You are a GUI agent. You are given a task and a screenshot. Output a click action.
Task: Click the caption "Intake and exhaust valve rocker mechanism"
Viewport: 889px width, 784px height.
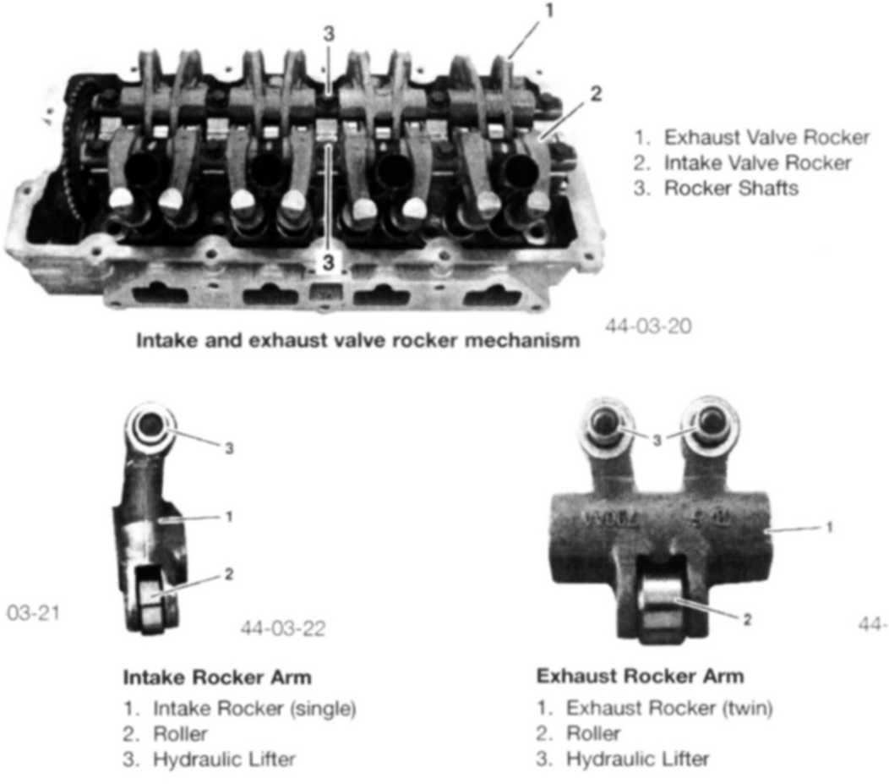coord(357,340)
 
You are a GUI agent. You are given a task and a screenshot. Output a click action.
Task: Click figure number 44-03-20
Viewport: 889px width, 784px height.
coord(648,326)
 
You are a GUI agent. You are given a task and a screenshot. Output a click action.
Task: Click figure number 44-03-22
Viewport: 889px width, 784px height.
coord(283,628)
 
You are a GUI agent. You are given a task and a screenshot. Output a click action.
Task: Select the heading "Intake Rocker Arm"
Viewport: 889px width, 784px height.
coord(217,677)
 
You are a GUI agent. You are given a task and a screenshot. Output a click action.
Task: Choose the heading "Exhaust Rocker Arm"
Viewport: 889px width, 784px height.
coord(640,677)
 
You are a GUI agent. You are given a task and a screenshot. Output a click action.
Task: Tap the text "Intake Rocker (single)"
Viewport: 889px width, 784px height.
coord(254,709)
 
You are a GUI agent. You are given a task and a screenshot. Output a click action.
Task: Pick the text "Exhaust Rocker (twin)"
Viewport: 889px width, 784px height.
coord(669,708)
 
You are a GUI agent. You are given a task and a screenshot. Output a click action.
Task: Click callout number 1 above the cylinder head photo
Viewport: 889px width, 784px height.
coord(548,11)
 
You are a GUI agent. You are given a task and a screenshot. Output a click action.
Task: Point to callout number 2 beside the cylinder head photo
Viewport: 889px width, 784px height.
coord(595,94)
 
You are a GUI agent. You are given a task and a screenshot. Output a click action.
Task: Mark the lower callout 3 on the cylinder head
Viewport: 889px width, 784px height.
coord(328,263)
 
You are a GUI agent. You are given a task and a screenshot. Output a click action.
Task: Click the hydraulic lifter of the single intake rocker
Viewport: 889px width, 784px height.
coord(150,426)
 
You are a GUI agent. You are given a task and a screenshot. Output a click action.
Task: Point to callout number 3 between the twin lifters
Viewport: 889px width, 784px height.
coord(657,441)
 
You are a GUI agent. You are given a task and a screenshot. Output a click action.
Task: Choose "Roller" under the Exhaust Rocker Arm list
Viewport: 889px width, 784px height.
coord(593,733)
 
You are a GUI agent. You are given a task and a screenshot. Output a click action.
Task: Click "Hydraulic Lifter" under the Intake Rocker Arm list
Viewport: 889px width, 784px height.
coord(225,759)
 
